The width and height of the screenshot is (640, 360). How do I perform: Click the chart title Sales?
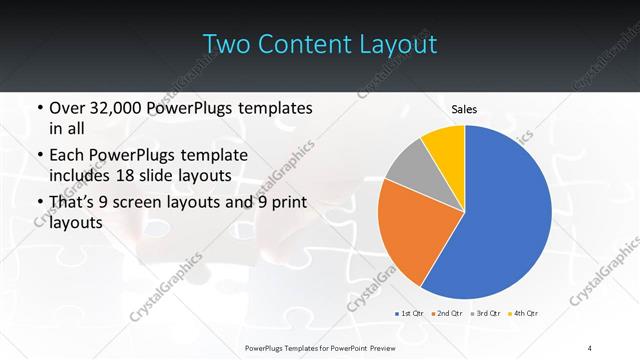[463, 108]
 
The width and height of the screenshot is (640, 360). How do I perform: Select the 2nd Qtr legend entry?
[447, 314]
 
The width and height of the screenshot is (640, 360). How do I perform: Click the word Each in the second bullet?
[68, 156]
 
